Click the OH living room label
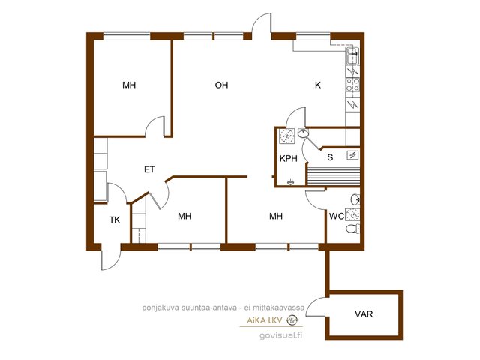tap(221, 85)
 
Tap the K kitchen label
tap(318, 85)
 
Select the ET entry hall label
tap(149, 169)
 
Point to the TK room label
tap(115, 220)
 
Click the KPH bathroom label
tap(288, 158)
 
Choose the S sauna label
tap(330, 157)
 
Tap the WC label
tap(337, 216)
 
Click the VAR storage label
tap(364, 313)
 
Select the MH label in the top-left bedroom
tap(129, 85)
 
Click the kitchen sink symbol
tap(353, 55)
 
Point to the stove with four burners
tap(353, 85)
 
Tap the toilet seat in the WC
tap(352, 229)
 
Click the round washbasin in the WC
tap(355, 199)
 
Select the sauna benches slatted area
tap(333, 176)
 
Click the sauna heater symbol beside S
tap(353, 155)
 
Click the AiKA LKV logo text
tap(265, 320)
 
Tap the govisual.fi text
tap(280, 335)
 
